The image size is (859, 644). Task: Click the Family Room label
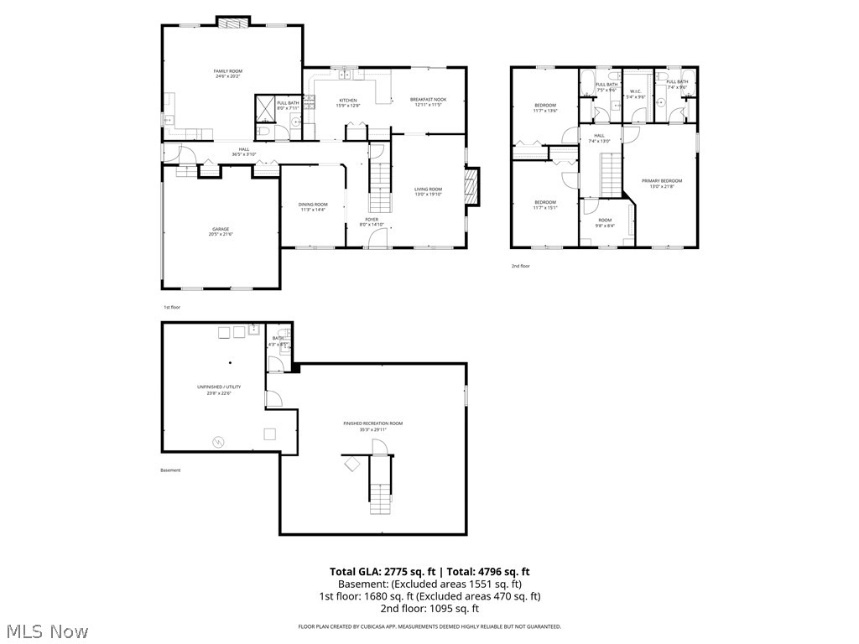tap(228, 73)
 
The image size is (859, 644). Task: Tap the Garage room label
tap(221, 231)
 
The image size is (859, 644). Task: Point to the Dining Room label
tap(313, 206)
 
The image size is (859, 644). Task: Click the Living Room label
tap(428, 191)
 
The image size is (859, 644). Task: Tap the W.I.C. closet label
tap(635, 93)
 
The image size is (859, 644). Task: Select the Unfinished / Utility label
tap(219, 388)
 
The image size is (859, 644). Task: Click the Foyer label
tap(372, 221)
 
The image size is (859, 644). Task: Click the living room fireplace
tap(471, 186)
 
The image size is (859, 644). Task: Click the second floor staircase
tap(610, 172)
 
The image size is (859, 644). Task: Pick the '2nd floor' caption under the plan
tap(521, 266)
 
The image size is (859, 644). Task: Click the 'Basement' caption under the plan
tap(170, 470)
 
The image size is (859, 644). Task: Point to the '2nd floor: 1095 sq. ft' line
tap(429, 609)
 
